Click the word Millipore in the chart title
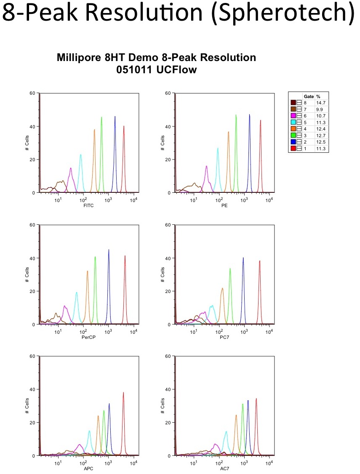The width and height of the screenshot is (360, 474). click(x=79, y=58)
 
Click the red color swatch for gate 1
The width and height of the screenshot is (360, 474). click(x=293, y=149)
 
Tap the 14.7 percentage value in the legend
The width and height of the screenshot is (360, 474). click(x=321, y=102)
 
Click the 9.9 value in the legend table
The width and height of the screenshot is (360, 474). click(x=320, y=109)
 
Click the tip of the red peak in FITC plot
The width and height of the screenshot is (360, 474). click(x=124, y=126)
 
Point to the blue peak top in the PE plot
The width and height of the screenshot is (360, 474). click(x=249, y=115)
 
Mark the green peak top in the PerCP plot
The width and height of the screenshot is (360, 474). click(x=95, y=257)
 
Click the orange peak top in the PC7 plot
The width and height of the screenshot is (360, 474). click(x=222, y=288)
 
